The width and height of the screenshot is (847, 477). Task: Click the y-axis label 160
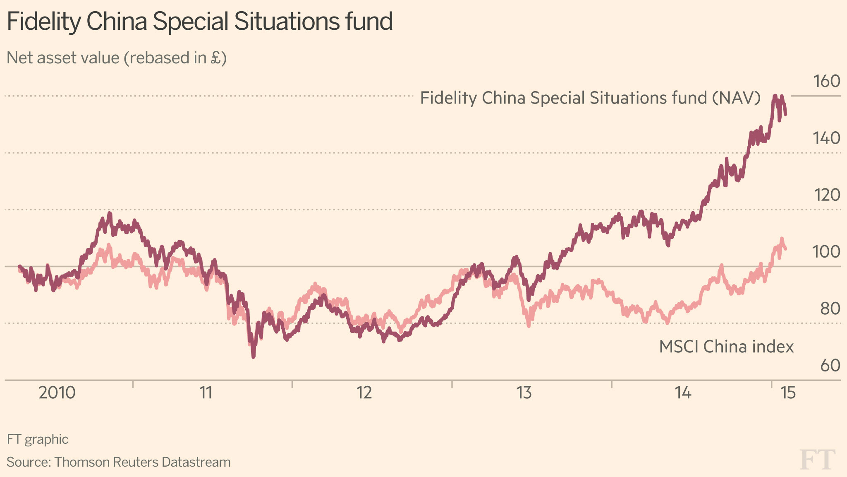(x=827, y=81)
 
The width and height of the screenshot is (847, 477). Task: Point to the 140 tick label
(x=827, y=138)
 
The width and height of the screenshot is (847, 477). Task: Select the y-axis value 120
(x=827, y=195)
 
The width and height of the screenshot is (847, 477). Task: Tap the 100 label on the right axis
(x=827, y=251)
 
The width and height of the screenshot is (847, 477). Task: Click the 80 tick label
(x=830, y=308)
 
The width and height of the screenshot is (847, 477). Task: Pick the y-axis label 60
(x=830, y=365)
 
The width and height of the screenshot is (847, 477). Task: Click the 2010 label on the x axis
(x=57, y=393)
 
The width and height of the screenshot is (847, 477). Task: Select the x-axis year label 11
(x=206, y=393)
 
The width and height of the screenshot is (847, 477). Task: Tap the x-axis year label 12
(x=364, y=393)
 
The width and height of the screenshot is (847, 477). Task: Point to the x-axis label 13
(x=524, y=393)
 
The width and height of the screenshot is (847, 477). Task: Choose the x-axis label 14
(x=683, y=393)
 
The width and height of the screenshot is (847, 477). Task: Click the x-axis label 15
(x=788, y=393)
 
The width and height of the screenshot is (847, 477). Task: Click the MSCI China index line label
(x=726, y=347)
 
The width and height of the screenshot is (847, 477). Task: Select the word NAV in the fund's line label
(x=737, y=98)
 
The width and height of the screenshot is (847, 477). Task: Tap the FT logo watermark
(x=818, y=460)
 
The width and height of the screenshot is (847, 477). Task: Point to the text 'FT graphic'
(x=38, y=439)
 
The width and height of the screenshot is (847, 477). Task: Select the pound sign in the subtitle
(x=216, y=58)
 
